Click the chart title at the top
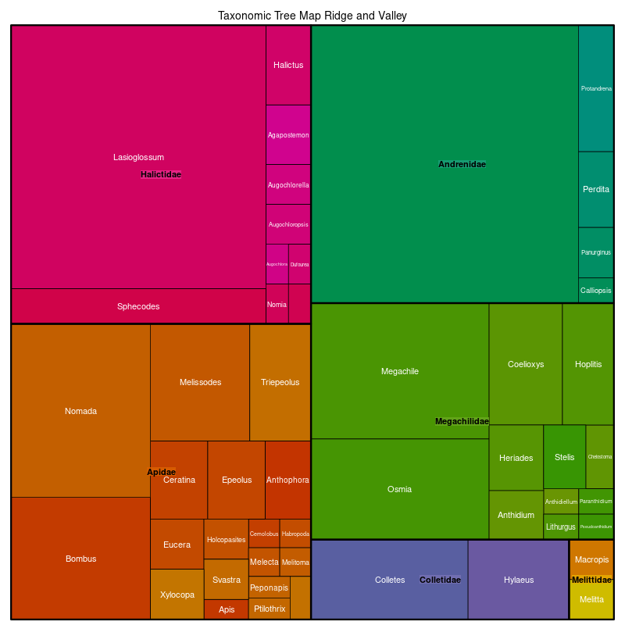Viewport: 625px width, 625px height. pos(312,16)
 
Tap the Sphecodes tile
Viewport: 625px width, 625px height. pos(138,306)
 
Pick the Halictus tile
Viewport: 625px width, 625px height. pos(288,66)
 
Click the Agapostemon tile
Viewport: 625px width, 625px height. pos(288,135)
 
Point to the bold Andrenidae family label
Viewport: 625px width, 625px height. pos(462,165)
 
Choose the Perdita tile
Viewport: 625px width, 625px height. pos(596,189)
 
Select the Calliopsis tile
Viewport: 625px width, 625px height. pos(596,291)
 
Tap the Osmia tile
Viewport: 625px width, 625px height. pos(400,489)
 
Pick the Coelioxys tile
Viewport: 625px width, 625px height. pos(526,364)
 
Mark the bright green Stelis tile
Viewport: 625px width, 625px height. pos(564,457)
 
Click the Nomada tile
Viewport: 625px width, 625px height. pos(80,411)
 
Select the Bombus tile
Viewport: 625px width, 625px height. pos(80,559)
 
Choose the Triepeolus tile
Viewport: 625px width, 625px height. pos(280,382)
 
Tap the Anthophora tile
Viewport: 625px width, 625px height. pos(287,480)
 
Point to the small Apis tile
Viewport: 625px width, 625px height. pos(227,609)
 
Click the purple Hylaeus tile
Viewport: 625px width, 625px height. pos(519,580)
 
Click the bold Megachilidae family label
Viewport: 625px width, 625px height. pos(462,422)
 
